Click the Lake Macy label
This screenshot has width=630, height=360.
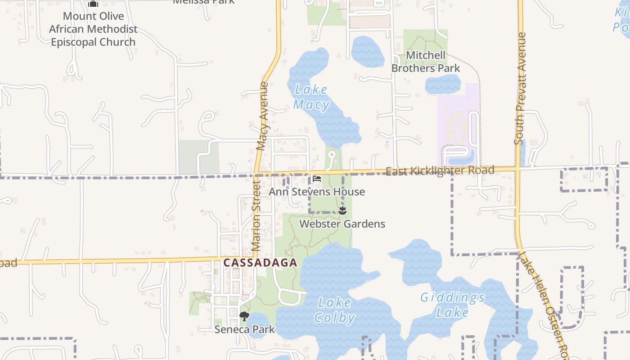pos(311,97)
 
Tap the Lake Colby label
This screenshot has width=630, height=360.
pos(334,310)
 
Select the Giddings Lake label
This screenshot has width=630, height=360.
pos(452,305)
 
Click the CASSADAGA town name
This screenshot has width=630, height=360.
pos(260,263)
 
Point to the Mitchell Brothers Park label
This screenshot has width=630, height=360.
pos(426,62)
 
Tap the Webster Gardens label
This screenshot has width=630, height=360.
pos(342,224)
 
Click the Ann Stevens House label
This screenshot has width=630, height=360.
pos(317,192)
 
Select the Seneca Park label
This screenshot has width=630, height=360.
pos(244,329)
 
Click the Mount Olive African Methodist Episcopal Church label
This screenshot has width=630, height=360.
pos(93,29)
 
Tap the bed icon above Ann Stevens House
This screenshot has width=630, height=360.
pos(317,179)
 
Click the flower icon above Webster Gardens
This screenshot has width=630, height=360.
pos(342,211)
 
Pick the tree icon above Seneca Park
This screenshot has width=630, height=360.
pos(244,316)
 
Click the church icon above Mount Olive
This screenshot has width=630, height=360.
pos(93,4)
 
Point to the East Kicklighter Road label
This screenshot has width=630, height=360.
pos(440,171)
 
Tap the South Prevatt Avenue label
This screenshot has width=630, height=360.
pos(520,89)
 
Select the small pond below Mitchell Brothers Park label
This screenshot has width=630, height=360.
pos(443,84)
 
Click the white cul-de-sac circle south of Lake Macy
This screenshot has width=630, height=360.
pos(332,155)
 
